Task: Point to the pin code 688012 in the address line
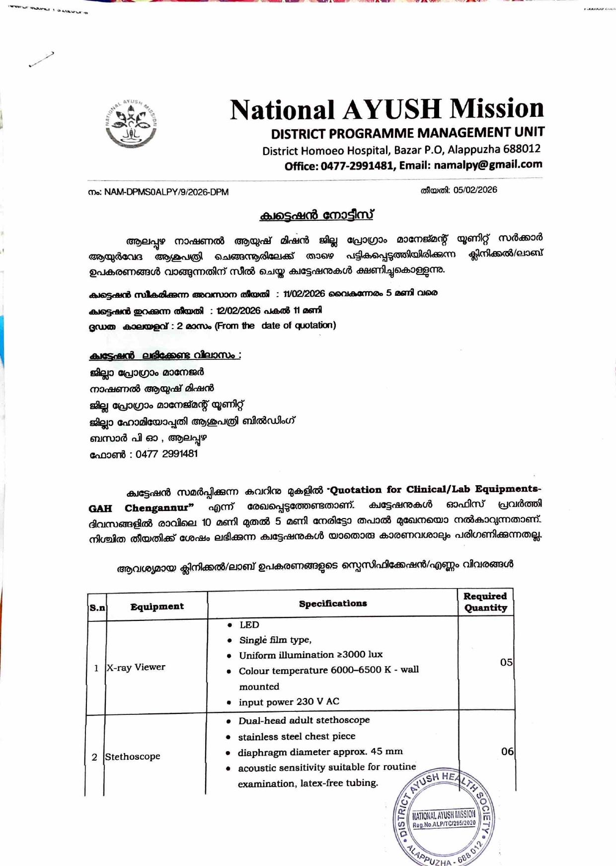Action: point(522,149)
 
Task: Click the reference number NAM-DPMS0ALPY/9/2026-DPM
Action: point(166,192)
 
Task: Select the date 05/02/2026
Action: point(475,190)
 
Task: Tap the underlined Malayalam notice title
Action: point(316,215)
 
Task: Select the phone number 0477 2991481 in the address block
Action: point(166,454)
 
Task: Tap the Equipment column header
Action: point(157,606)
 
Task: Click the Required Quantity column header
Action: point(485,602)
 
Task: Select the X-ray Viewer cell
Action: point(136,667)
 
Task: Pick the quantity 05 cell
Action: point(506,662)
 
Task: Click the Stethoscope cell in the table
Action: point(133,757)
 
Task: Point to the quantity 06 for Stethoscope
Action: point(507,752)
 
